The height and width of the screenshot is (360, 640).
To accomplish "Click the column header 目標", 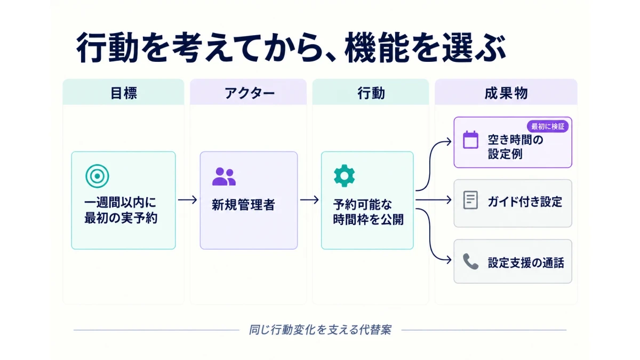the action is (x=124, y=93).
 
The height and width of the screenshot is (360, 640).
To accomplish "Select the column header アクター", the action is (x=250, y=93).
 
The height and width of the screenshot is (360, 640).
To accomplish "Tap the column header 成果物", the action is (x=506, y=93).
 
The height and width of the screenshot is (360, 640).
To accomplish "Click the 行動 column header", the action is (x=371, y=93).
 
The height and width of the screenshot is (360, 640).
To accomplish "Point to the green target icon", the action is (x=97, y=176).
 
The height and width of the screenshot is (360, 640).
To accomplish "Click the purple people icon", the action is (x=224, y=177).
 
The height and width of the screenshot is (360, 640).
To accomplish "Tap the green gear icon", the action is (x=345, y=175).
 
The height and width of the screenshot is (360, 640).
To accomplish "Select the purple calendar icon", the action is (x=470, y=140).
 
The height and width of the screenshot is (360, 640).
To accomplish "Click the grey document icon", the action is (x=470, y=200).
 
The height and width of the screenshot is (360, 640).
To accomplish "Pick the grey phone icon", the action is (x=470, y=261).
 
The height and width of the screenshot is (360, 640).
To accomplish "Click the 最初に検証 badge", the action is (x=548, y=126).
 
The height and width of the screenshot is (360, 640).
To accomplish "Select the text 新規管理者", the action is (x=243, y=205).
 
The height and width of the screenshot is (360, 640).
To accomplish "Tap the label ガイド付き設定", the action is (x=525, y=202).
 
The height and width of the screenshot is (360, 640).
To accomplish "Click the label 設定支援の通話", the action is (x=526, y=263).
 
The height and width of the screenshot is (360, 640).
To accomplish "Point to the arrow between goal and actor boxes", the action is (x=187, y=199).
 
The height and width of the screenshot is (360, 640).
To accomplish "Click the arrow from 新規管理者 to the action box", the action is (x=309, y=199).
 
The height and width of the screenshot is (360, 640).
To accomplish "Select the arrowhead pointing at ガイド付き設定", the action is (x=449, y=199).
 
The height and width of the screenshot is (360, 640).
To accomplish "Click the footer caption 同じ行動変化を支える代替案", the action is (x=320, y=330).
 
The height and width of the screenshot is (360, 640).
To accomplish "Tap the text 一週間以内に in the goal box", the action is (x=121, y=203).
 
